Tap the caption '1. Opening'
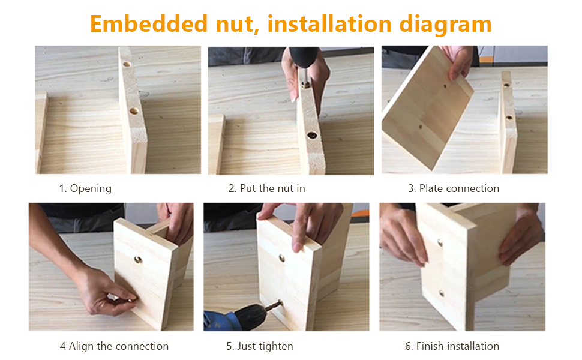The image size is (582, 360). coord(85,188)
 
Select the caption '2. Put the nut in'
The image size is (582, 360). coord(267,188)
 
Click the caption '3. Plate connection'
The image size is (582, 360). coord(454,188)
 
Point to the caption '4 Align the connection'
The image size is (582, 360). coord(114,346)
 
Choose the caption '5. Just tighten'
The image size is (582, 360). coord(260,346)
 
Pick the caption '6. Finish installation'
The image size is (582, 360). coord(452,346)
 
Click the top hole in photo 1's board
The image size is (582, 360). coord(127,64)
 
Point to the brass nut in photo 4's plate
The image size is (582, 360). coord(137,260)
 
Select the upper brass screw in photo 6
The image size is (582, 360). coord(440,242)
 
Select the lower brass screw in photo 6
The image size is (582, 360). coord(442,294)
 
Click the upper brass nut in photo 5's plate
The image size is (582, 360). coord(282,258)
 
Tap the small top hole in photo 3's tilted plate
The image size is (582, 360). coord(445,86)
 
